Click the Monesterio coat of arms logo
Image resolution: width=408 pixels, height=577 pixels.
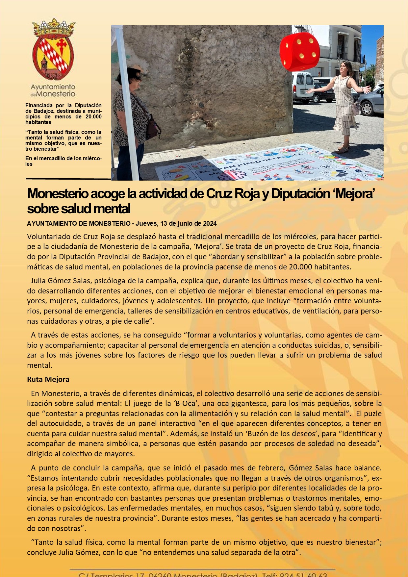[x=53, y=49]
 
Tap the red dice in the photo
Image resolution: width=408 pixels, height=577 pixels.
[x=299, y=52]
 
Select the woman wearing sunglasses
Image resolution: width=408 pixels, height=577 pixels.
[x=130, y=122]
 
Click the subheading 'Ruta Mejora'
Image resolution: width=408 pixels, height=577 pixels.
[x=48, y=379]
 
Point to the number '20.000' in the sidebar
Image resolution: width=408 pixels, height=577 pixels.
[x=93, y=116]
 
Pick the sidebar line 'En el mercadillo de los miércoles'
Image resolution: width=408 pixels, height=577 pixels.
[x=64, y=161]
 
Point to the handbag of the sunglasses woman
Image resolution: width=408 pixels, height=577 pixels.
[x=152, y=128]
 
